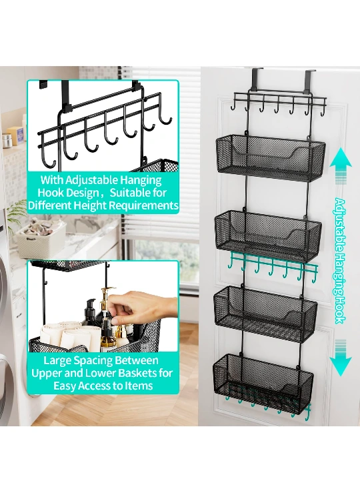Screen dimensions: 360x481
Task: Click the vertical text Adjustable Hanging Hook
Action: pyautogui.click(x=340, y=261)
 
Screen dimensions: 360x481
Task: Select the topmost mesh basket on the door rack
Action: pyautogui.click(x=270, y=157)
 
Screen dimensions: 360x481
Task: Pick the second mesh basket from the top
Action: pyautogui.click(x=268, y=235)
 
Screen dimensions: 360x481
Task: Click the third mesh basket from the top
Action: pyautogui.click(x=265, y=314)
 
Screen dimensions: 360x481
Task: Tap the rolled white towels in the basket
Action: pyautogui.click(x=71, y=334)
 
